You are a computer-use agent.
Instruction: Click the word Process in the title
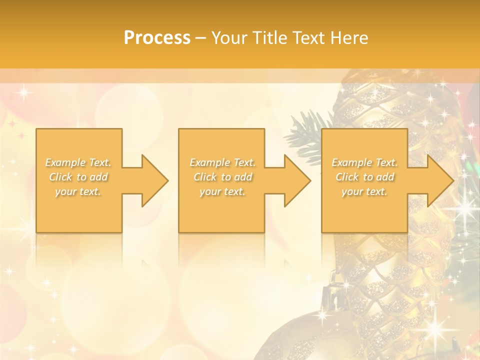click(x=157, y=38)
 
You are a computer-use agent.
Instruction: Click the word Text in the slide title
click(x=309, y=38)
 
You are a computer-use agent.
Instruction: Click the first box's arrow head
click(x=155, y=180)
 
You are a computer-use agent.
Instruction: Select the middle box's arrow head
click(x=297, y=180)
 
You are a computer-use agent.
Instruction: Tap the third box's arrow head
click(x=440, y=180)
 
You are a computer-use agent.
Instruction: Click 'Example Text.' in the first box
click(x=78, y=162)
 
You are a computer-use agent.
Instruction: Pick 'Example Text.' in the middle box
click(x=222, y=162)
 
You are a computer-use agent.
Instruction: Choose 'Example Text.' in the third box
click(x=364, y=162)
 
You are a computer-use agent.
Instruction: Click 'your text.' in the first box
click(x=78, y=191)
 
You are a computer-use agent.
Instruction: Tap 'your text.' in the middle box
click(x=222, y=191)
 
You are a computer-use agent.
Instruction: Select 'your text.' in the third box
click(x=364, y=191)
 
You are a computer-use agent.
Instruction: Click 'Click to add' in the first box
click(x=78, y=177)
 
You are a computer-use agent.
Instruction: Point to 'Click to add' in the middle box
click(x=222, y=177)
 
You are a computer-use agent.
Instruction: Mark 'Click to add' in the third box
click(x=364, y=177)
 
